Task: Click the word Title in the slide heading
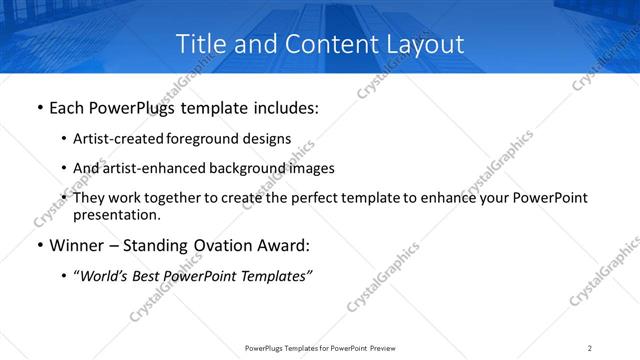[200, 44]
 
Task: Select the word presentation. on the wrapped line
[116, 214]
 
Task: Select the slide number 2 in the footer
[589, 348]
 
